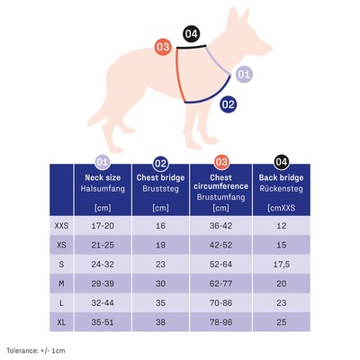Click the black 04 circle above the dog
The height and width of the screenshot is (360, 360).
[192, 33]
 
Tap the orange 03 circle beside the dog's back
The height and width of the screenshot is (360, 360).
[163, 47]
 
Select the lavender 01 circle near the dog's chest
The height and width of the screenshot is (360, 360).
[244, 74]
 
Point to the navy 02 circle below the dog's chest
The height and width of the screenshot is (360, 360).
[229, 104]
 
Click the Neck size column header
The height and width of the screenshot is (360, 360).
[103, 177]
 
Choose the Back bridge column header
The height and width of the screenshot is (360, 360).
[281, 177]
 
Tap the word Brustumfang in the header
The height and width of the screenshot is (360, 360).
[220, 197]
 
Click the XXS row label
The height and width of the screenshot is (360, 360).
[61, 226]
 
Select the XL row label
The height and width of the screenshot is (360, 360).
[61, 322]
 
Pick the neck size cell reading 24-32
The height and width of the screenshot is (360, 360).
[103, 265]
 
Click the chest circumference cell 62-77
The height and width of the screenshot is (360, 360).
[220, 283]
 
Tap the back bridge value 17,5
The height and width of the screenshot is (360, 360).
[282, 265]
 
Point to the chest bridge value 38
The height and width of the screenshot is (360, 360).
[160, 322]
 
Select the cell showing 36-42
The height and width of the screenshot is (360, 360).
[220, 226]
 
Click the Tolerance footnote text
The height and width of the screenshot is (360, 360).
[36, 350]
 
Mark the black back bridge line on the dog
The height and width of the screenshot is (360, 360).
[191, 47]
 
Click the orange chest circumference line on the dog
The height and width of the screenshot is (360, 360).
[180, 75]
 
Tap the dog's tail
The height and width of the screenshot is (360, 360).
[97, 115]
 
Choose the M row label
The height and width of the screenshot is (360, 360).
[61, 283]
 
